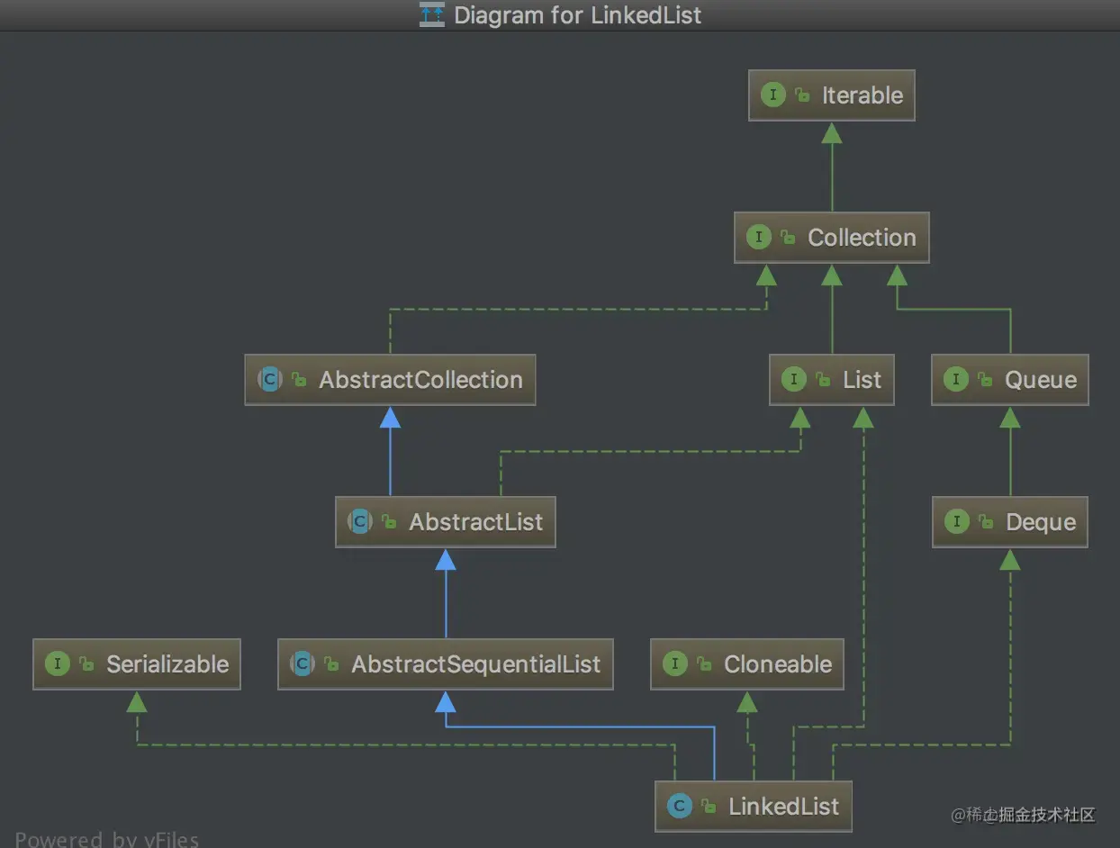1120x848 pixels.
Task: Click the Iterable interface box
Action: coord(831,95)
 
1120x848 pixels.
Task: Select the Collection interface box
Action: coord(831,238)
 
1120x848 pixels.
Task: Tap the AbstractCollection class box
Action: coord(390,380)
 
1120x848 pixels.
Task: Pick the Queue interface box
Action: coord(1009,380)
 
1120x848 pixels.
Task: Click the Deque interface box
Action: coord(1009,522)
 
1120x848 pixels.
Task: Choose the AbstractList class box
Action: coord(445,522)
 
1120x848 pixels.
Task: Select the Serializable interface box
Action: coord(137,664)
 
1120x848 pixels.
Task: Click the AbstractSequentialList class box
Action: coord(445,664)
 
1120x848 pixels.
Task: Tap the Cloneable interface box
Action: coord(746,664)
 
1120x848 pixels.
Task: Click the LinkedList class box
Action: coord(753,807)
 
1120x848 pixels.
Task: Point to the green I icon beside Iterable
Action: coord(772,95)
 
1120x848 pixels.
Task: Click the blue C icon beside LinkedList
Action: coord(680,807)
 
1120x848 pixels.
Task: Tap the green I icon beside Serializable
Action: coord(57,664)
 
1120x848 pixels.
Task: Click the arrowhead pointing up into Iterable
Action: coord(831,133)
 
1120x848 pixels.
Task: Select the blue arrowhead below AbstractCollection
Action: coord(390,417)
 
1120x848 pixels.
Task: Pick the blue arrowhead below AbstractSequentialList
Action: coord(445,701)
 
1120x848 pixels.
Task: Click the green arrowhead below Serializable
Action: coord(137,701)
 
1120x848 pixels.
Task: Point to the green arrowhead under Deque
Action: coord(1009,559)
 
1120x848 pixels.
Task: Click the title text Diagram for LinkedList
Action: coord(576,15)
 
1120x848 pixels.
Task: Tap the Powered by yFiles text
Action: coord(106,839)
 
